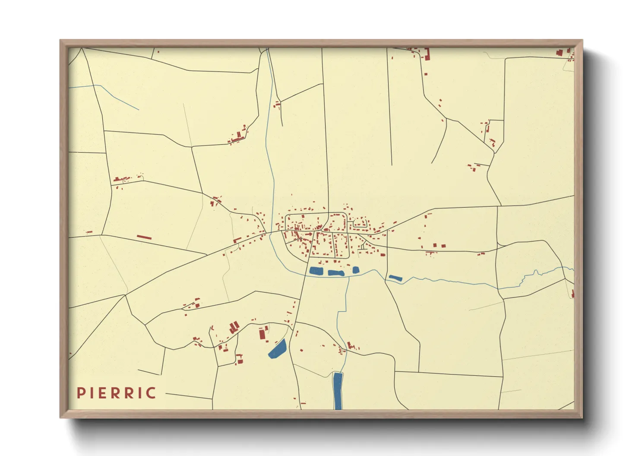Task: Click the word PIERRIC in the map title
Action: pyautogui.click(x=117, y=393)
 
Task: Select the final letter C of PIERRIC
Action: pyautogui.click(x=151, y=393)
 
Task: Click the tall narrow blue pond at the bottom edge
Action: pyautogui.click(x=338, y=391)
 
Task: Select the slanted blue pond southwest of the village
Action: pyautogui.click(x=278, y=349)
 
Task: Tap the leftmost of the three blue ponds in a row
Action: pyautogui.click(x=316, y=271)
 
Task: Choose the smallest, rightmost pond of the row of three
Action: pyautogui.click(x=356, y=270)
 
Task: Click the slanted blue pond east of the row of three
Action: pyautogui.click(x=395, y=278)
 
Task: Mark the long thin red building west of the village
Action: pyautogui.click(x=144, y=237)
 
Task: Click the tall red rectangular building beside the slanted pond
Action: pyautogui.click(x=262, y=334)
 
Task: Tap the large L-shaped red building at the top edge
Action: pyautogui.click(x=427, y=54)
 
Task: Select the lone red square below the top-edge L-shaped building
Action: pyautogui.click(x=426, y=74)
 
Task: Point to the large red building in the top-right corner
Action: pyautogui.click(x=560, y=53)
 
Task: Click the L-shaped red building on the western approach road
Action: pyautogui.click(x=237, y=240)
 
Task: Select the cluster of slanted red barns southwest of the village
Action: pyautogui.click(x=234, y=328)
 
